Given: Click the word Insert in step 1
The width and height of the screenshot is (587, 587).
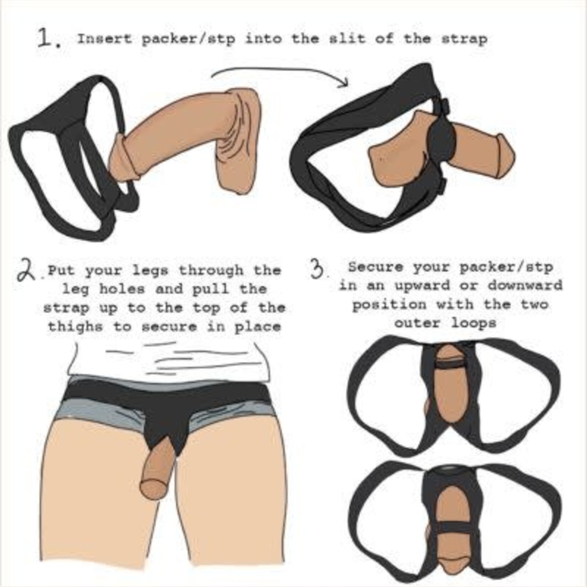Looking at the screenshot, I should coord(104,39).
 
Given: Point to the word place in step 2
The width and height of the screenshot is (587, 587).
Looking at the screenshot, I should coord(258,327).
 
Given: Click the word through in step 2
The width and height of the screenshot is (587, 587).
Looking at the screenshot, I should coord(211,271).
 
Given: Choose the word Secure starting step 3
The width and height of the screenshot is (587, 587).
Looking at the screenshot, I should coord(376,267).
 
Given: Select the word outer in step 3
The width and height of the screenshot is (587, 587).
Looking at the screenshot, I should coord(417,323).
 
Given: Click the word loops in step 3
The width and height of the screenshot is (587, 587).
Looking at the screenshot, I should coord(474,323).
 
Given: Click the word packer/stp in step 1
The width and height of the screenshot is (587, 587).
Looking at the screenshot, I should coord(188,39).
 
